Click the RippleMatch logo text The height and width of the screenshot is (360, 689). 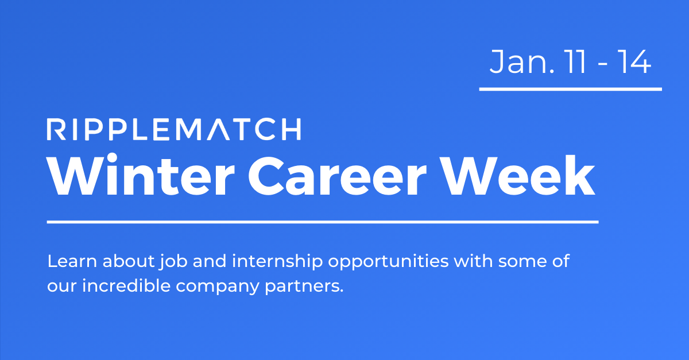(x=173, y=129)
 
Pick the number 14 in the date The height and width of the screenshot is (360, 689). (x=633, y=63)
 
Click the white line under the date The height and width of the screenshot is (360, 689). (x=570, y=89)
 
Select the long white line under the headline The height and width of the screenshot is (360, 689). (x=322, y=221)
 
